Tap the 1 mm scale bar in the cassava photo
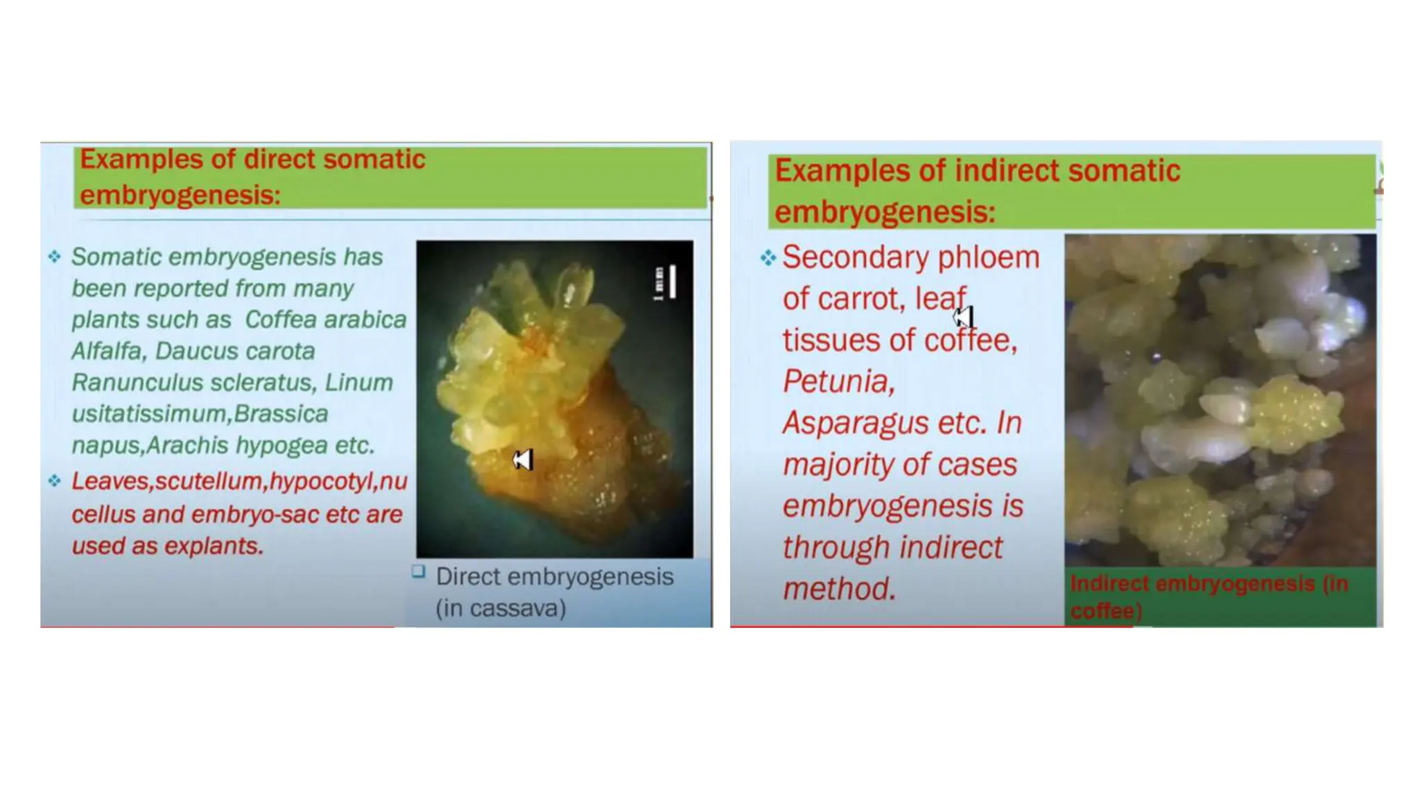point(670,282)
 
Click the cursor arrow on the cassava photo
point(523,460)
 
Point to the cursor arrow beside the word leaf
point(964,318)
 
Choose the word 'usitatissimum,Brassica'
point(200,414)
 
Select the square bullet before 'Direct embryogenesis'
point(418,572)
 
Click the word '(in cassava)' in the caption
point(501,608)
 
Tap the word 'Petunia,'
point(838,381)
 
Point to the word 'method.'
point(839,589)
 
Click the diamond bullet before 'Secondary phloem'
point(768,258)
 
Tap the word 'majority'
point(838,465)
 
